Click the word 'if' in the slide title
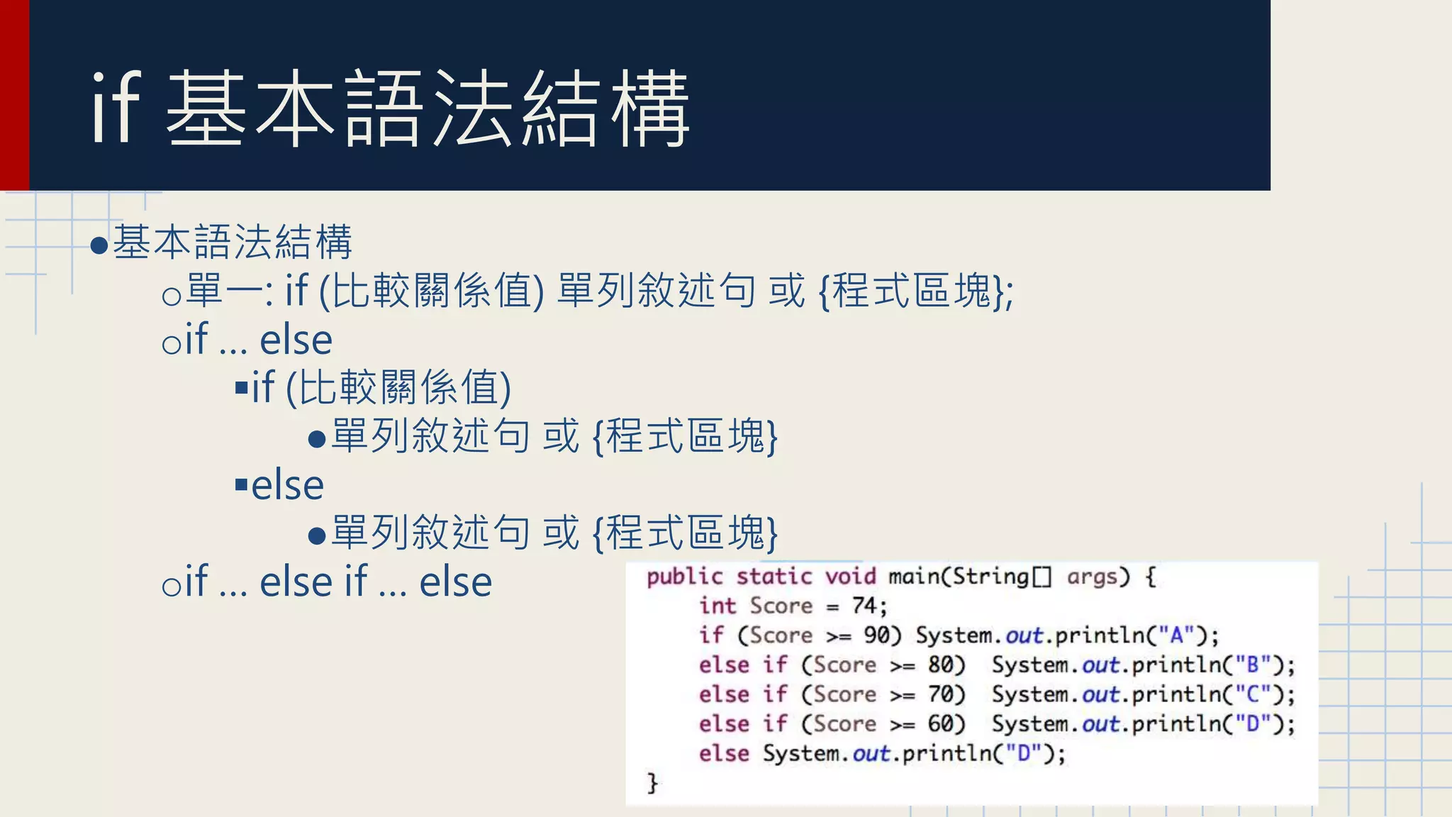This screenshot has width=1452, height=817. point(116,109)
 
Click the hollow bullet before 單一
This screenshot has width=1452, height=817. point(172,295)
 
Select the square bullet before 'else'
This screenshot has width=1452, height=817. point(241,485)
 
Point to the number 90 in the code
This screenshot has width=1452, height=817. point(876,635)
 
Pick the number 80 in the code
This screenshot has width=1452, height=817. point(941,665)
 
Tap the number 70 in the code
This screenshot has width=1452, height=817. point(941,694)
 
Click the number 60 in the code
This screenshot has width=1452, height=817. point(941,723)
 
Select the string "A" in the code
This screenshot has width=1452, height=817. point(1177,635)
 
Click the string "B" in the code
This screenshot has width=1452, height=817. point(1253,665)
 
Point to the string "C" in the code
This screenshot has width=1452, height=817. point(1253,694)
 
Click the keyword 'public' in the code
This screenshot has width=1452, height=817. point(684,577)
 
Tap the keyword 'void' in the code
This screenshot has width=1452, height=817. point(850,577)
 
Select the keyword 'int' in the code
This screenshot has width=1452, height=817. point(717,606)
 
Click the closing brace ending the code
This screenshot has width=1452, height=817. point(652,783)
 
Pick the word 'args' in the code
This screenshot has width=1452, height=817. point(1092,577)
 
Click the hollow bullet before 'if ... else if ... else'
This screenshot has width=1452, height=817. point(172,586)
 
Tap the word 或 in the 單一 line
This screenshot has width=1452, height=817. point(786,291)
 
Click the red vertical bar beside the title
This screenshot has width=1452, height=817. point(14,95)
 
